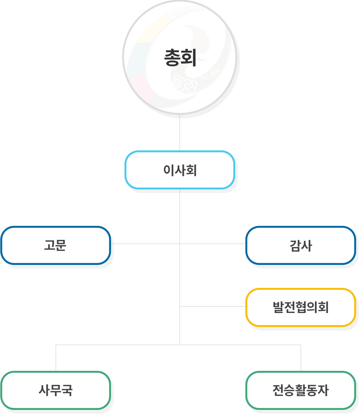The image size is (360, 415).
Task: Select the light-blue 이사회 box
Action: point(180,170)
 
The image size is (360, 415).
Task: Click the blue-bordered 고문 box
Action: point(56,245)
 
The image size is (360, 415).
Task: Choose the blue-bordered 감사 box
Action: point(301,245)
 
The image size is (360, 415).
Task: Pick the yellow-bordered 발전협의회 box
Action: point(301,307)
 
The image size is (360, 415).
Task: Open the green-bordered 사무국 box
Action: point(56,390)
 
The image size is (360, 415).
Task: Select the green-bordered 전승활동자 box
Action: point(301,390)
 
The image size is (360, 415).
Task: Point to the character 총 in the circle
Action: point(172,58)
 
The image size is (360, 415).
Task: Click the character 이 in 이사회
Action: point(169,170)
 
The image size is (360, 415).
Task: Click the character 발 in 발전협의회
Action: point(278,307)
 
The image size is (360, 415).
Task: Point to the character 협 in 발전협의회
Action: point(301,307)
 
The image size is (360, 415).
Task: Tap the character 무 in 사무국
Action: point(56,390)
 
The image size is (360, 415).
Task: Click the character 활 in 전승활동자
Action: point(301,390)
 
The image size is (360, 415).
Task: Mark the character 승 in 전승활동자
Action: point(289,390)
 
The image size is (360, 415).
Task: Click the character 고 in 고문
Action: point(50,245)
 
